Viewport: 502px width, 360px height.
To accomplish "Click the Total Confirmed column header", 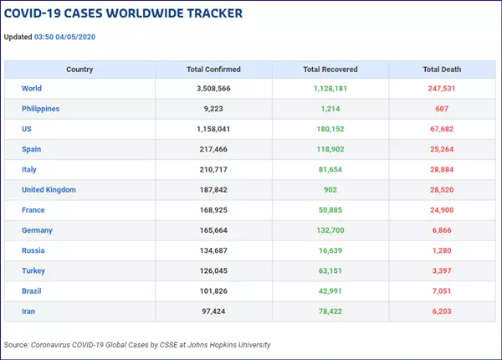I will click(213, 69).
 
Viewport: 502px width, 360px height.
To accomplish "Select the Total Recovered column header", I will click(330, 69).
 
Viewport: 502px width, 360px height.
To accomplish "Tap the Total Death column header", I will click(442, 69).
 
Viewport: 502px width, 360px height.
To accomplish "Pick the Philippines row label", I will click(40, 109).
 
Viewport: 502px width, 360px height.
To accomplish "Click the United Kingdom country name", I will click(49, 190).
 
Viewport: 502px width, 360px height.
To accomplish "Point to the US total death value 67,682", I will click(442, 129).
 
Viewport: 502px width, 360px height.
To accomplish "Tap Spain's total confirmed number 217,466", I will click(213, 149).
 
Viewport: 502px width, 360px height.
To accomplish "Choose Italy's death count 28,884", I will click(442, 170).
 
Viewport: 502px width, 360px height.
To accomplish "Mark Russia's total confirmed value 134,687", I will click(213, 250).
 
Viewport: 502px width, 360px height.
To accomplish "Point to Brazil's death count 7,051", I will click(442, 291).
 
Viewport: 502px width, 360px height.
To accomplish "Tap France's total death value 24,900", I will click(442, 210).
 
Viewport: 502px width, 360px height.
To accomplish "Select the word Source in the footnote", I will click(15, 345).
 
